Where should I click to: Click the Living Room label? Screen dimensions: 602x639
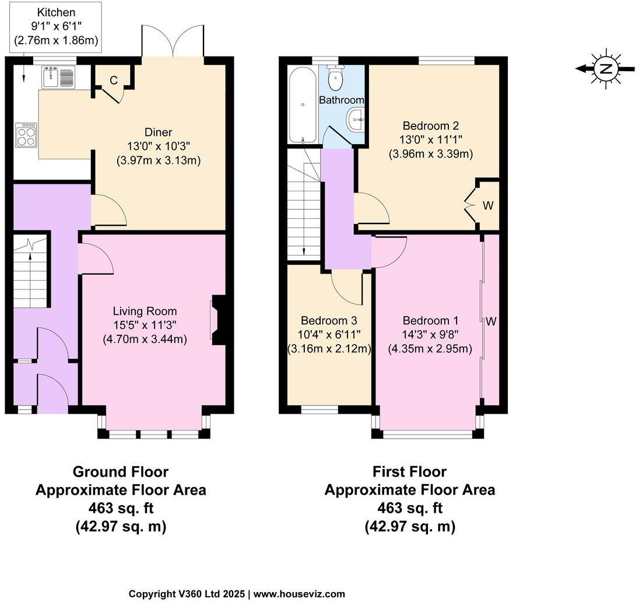(145, 311)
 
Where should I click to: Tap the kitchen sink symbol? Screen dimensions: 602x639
(58, 77)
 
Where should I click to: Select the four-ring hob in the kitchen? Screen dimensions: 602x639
(26, 135)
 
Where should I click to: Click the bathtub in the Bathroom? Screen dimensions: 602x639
(303, 104)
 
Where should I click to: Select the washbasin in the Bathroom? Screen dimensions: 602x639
(355, 121)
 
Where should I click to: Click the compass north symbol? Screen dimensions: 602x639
(606, 68)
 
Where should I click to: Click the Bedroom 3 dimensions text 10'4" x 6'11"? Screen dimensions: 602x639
(329, 335)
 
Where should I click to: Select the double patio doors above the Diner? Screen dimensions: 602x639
(173, 41)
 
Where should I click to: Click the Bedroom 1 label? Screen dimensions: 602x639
(430, 320)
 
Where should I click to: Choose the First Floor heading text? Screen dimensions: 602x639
(409, 471)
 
